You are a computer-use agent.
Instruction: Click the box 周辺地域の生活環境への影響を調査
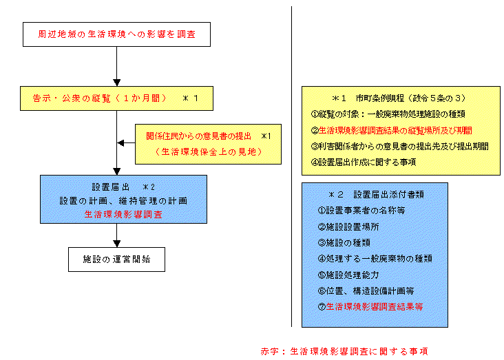click(x=116, y=34)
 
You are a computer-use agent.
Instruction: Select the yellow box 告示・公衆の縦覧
click(x=116, y=98)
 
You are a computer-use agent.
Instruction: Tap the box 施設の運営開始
click(x=116, y=260)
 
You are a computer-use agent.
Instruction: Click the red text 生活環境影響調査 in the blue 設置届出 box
click(x=123, y=214)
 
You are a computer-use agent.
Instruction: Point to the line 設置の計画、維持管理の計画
click(x=123, y=201)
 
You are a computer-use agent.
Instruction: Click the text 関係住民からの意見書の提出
click(x=199, y=136)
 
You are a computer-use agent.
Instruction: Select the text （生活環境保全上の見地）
click(x=209, y=151)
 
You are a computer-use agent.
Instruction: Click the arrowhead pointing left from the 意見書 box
click(x=121, y=142)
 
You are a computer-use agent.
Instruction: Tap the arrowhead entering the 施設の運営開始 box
click(x=116, y=244)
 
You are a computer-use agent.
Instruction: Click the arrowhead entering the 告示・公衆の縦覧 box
click(x=116, y=83)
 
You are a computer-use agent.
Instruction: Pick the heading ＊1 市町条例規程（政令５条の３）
click(x=399, y=98)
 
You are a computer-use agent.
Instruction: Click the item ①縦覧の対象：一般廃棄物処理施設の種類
click(x=388, y=114)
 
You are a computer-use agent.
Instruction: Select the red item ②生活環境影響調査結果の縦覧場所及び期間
click(x=391, y=131)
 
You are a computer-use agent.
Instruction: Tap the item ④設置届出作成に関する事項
click(x=364, y=162)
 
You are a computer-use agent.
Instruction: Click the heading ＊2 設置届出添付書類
click(x=376, y=195)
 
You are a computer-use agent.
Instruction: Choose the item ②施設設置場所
click(x=348, y=226)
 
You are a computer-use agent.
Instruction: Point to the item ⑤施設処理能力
click(x=348, y=275)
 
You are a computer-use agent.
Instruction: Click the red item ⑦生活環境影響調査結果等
click(x=370, y=306)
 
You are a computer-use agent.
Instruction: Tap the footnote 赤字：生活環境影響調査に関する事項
click(x=344, y=351)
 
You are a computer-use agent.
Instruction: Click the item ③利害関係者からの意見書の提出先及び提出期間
click(x=399, y=147)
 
